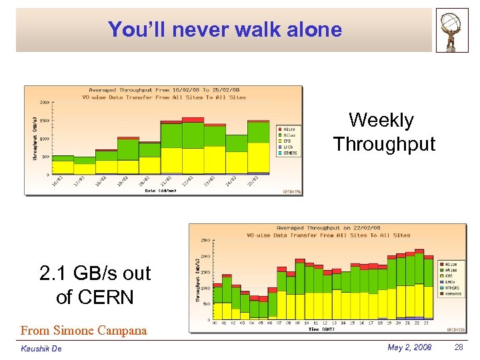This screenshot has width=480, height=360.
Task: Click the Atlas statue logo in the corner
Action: (x=452, y=30)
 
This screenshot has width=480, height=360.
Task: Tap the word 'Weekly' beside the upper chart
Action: (x=381, y=120)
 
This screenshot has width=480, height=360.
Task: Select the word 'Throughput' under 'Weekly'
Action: (x=384, y=144)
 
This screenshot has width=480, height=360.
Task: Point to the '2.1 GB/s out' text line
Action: (x=95, y=273)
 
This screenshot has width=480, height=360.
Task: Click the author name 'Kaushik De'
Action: (x=41, y=349)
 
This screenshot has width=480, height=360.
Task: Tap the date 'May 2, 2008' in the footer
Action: (x=409, y=348)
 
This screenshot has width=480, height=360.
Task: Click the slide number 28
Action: (x=459, y=348)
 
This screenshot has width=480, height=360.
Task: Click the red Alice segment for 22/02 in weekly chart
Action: (x=193, y=119)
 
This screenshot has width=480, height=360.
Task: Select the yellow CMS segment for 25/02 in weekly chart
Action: (x=258, y=157)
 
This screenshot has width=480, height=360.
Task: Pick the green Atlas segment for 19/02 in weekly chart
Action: (x=128, y=149)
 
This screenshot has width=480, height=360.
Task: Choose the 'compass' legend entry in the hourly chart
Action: (x=453, y=294)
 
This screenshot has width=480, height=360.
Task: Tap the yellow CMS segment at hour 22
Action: (x=419, y=301)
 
